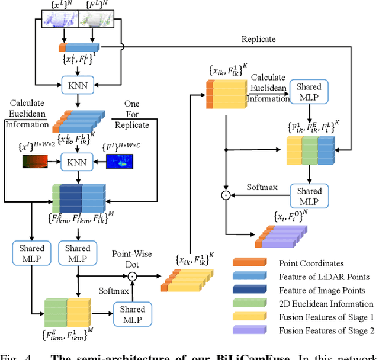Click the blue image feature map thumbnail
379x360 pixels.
click(x=120, y=160)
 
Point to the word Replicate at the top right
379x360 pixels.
click(x=259, y=39)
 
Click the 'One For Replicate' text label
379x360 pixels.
click(x=131, y=115)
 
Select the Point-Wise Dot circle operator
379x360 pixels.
click(x=133, y=276)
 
